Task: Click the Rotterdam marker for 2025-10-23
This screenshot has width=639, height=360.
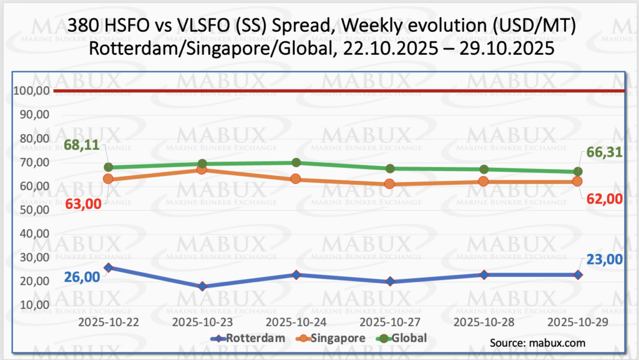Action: (x=202, y=286)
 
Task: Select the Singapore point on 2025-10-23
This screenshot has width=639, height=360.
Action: (x=202, y=170)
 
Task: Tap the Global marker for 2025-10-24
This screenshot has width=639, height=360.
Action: (x=296, y=163)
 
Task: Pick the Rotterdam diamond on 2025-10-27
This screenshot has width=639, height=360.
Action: (x=390, y=281)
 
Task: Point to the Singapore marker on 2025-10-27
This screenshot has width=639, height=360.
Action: (x=390, y=184)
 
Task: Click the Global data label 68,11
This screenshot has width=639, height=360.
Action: (x=82, y=146)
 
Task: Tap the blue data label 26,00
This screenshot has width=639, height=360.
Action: (x=82, y=276)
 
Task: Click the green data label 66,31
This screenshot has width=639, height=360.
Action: (x=602, y=153)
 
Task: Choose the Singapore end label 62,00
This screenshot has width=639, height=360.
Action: (x=603, y=198)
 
